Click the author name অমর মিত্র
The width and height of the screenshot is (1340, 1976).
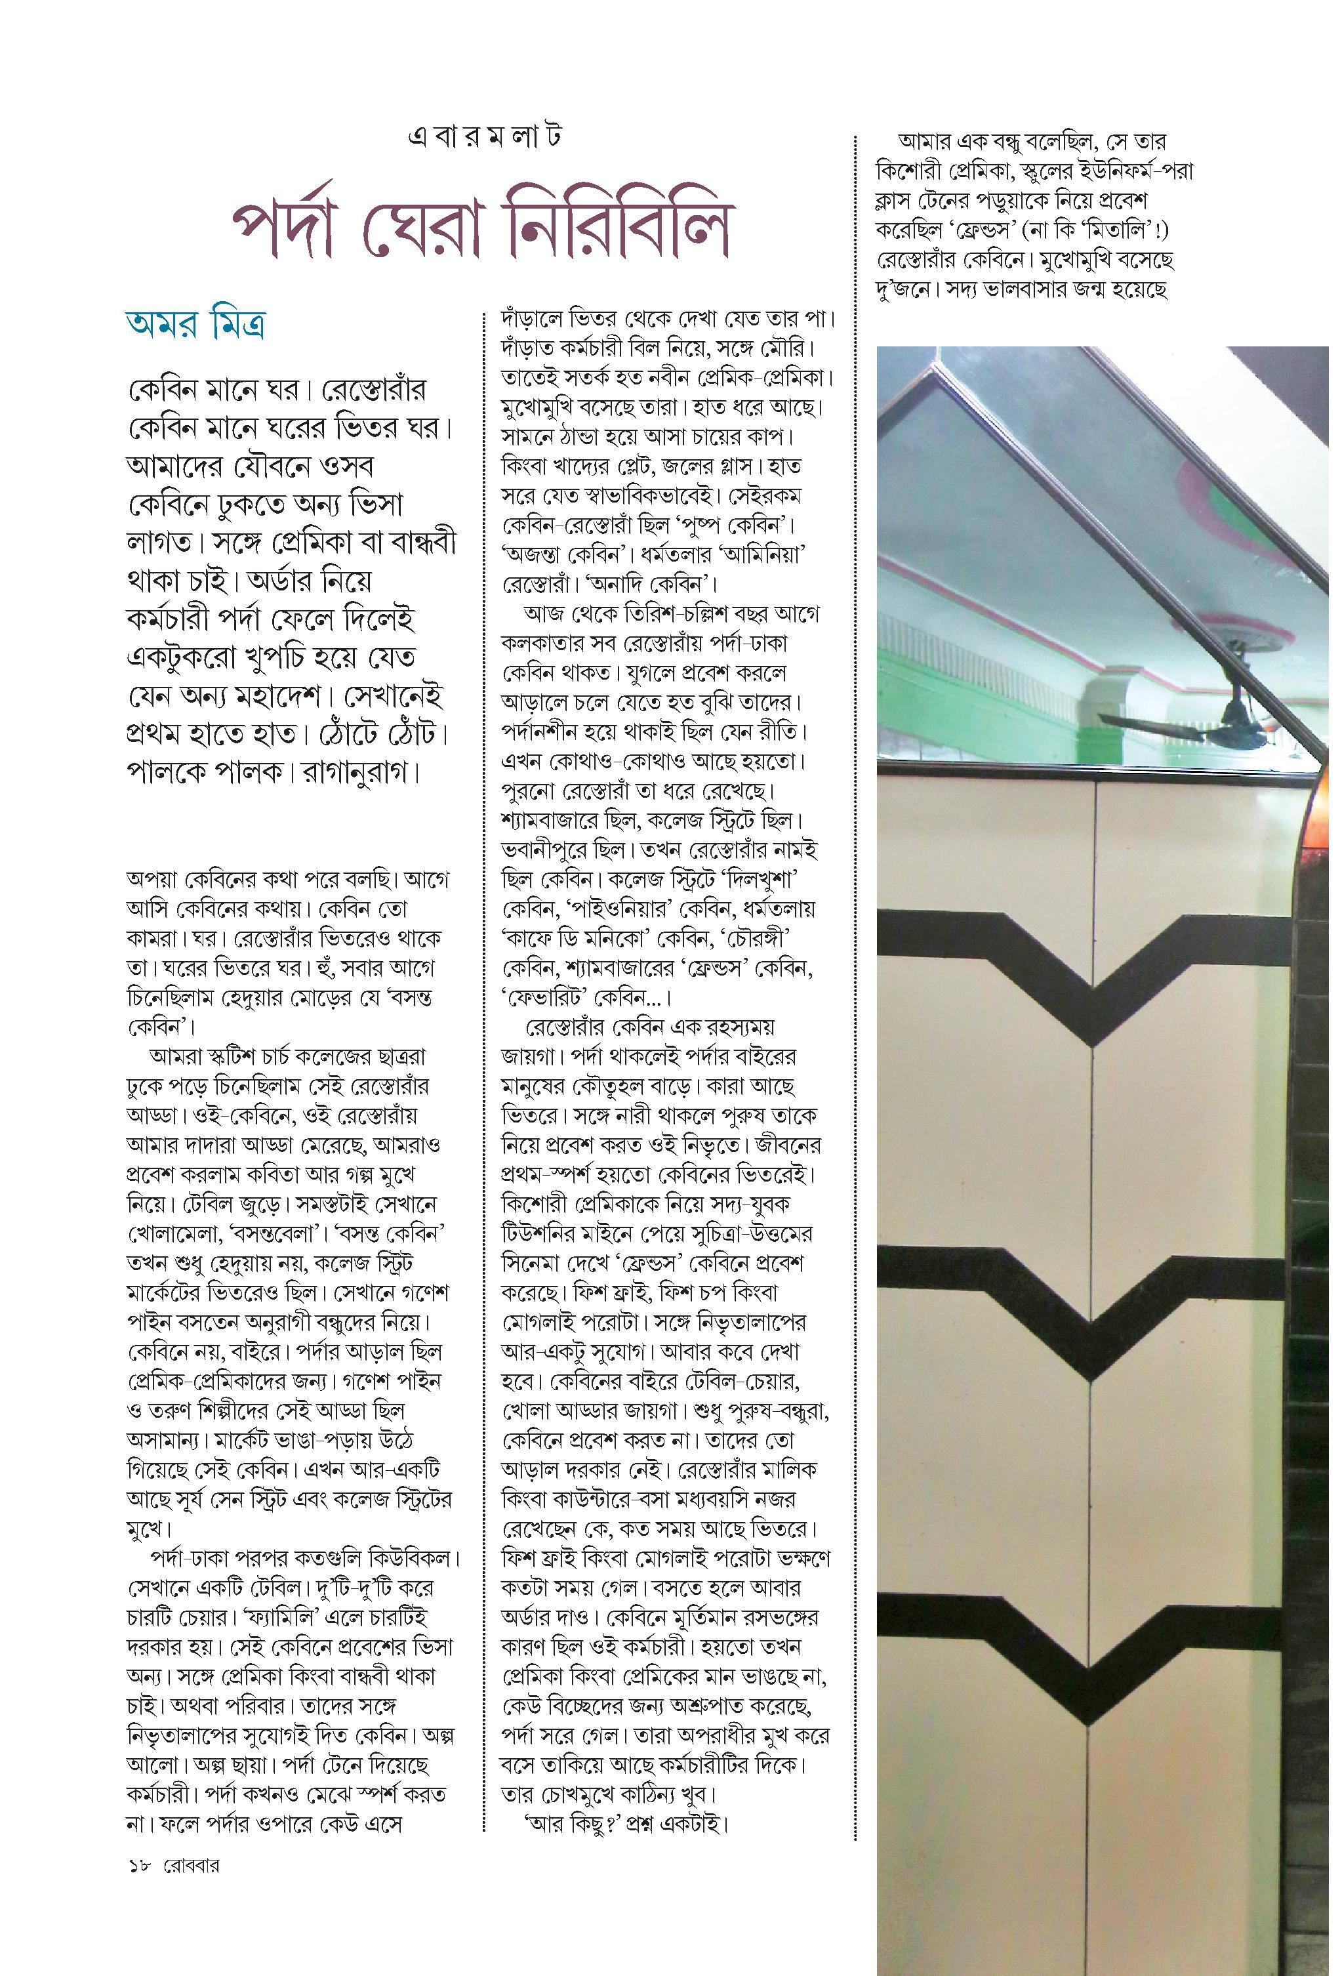(199, 325)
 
